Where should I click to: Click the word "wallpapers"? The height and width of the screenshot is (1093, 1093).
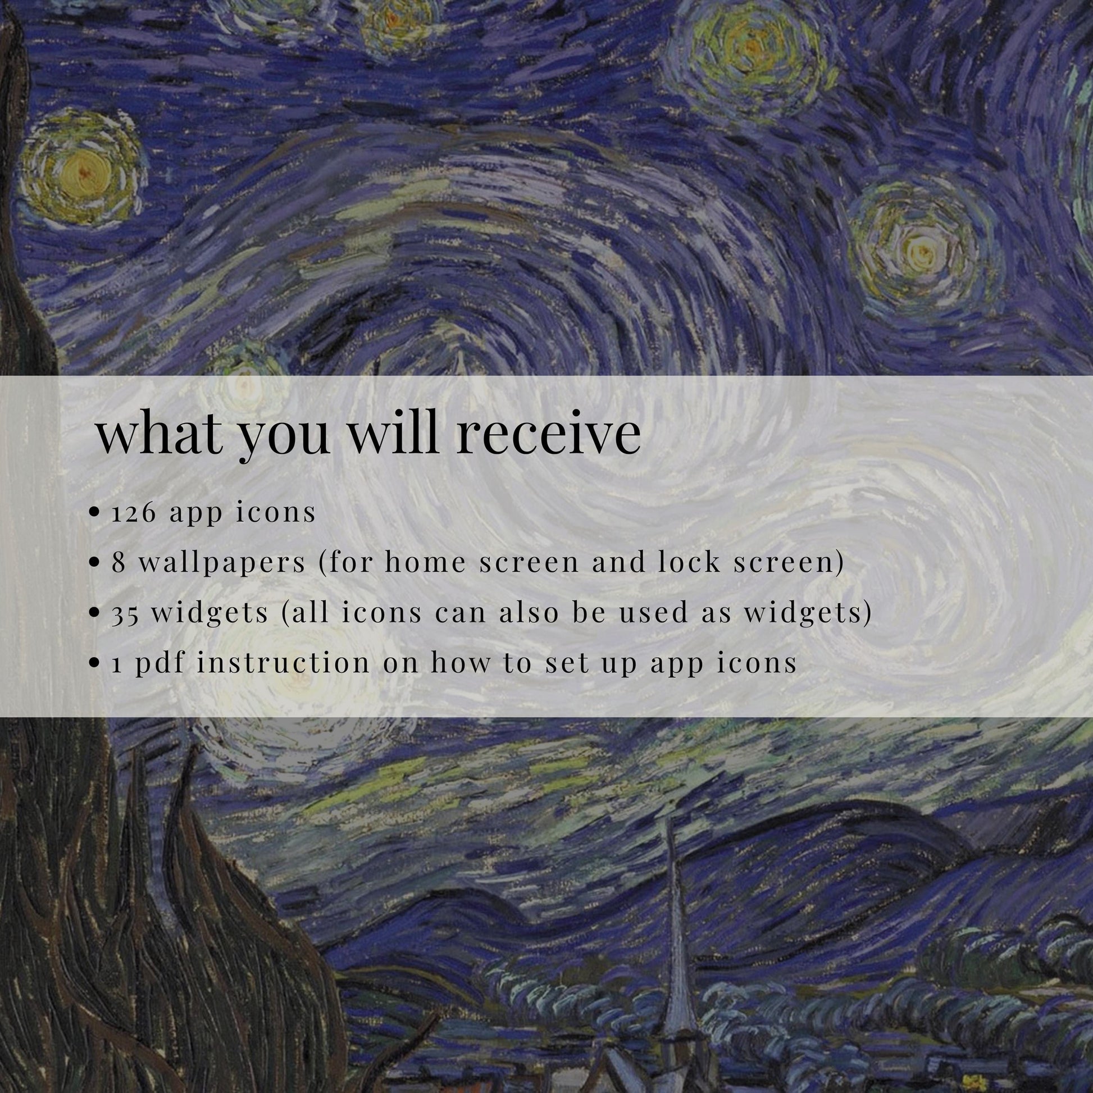click(222, 563)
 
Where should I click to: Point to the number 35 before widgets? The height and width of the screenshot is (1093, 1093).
click(125, 614)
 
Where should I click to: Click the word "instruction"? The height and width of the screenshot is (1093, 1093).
click(283, 661)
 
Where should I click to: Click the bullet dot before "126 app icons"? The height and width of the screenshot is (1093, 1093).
click(95, 513)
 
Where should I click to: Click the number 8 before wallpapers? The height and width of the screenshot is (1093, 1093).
click(119, 563)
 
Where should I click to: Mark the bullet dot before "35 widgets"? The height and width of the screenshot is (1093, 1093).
click(95, 614)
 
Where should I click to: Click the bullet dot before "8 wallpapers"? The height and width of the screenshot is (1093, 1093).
click(95, 563)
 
